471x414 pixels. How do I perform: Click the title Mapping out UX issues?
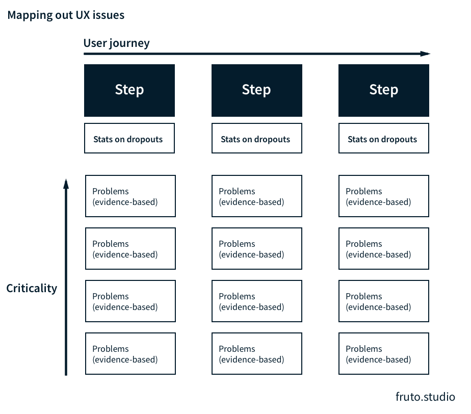[66, 15]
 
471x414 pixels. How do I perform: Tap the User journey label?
[116, 43]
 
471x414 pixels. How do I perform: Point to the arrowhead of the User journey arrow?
[426, 54]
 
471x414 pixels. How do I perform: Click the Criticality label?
[32, 288]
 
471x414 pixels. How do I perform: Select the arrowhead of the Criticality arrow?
[66, 183]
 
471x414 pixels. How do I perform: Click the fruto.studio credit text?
[425, 397]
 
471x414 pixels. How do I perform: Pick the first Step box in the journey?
[129, 90]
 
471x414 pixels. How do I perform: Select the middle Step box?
[256, 90]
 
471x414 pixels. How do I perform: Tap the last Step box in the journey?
[383, 90]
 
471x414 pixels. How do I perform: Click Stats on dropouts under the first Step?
[129, 138]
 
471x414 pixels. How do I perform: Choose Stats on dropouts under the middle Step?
[256, 138]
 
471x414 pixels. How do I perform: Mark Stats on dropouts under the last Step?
[383, 138]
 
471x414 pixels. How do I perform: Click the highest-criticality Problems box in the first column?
[130, 196]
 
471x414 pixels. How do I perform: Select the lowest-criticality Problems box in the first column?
[130, 354]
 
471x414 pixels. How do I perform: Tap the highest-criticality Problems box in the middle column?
[257, 196]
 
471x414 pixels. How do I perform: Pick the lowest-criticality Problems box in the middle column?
[257, 354]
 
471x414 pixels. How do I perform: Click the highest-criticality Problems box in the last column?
[383, 196]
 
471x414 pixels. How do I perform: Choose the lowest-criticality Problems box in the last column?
[383, 354]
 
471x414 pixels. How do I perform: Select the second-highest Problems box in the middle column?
[257, 249]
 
